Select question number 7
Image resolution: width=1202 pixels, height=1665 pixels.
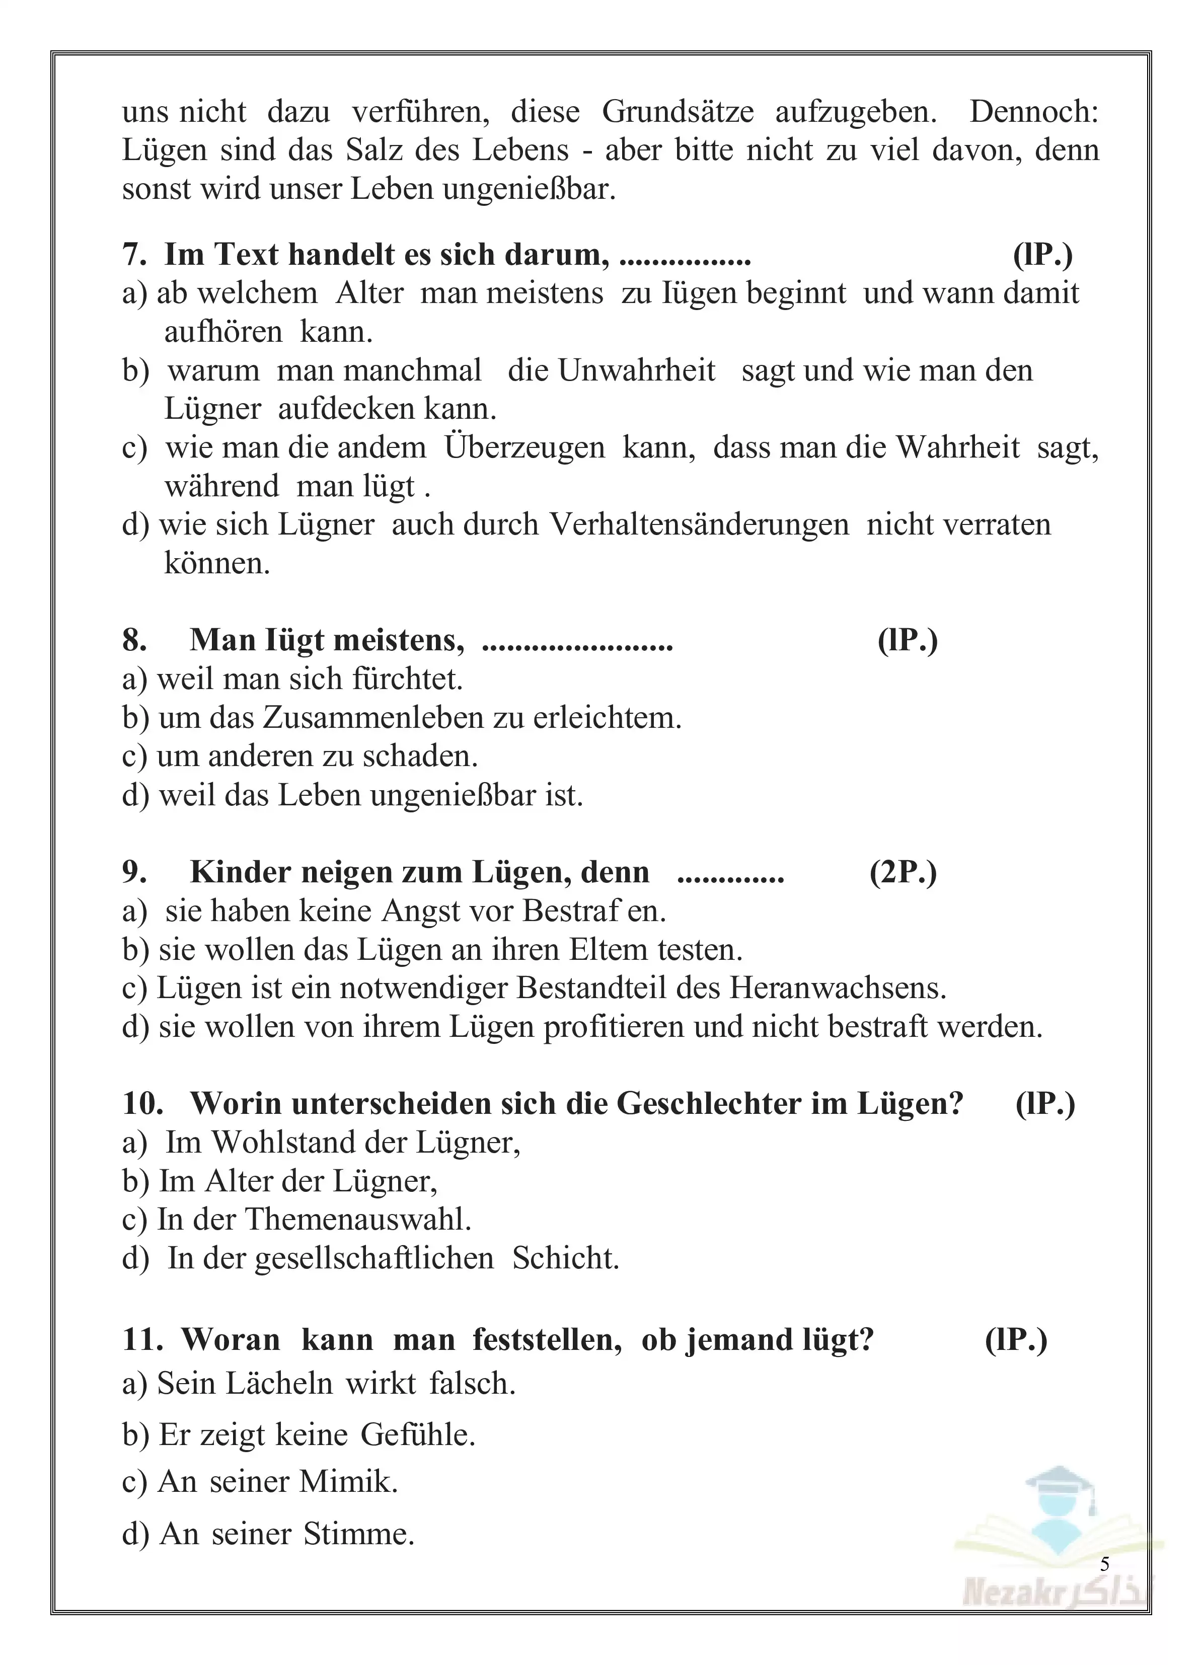coord(135,255)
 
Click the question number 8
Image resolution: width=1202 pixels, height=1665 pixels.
coord(134,640)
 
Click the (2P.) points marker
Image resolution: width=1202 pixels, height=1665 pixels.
coord(903,872)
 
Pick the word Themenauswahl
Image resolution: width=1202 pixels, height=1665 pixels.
coord(357,1220)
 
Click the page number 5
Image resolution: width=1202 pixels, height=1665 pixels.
coord(1104,1564)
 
